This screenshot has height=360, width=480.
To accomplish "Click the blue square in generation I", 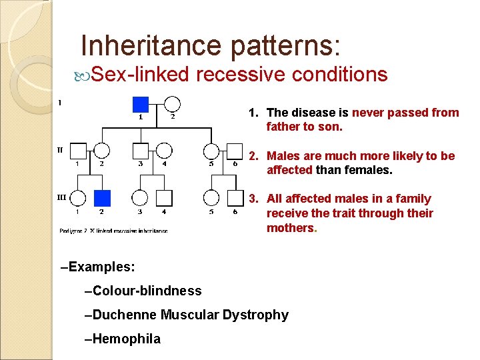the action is point(140,104).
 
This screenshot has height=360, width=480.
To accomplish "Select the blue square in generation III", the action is point(102,198).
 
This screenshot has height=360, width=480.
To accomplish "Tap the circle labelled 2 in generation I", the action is point(172,104).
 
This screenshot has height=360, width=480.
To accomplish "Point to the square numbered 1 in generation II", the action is point(78,151).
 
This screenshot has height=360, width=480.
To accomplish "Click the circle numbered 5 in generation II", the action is point(211,151).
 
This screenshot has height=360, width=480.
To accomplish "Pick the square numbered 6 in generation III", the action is point(235,198).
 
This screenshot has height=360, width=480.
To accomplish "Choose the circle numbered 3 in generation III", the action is point(140,198).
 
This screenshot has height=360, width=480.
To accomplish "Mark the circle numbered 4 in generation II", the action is point(165,151).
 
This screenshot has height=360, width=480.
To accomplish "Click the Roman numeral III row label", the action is point(61,197).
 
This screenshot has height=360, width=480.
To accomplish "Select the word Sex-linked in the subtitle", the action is point(140,74).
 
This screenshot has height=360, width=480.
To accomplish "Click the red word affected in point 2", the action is point(290,170).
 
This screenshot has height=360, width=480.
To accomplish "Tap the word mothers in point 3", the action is point(290,228).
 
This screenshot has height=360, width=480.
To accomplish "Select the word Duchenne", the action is point(124,315).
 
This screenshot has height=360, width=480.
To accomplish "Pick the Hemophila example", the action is point(123,339).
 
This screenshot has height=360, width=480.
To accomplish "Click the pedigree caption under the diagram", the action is point(113,231).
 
